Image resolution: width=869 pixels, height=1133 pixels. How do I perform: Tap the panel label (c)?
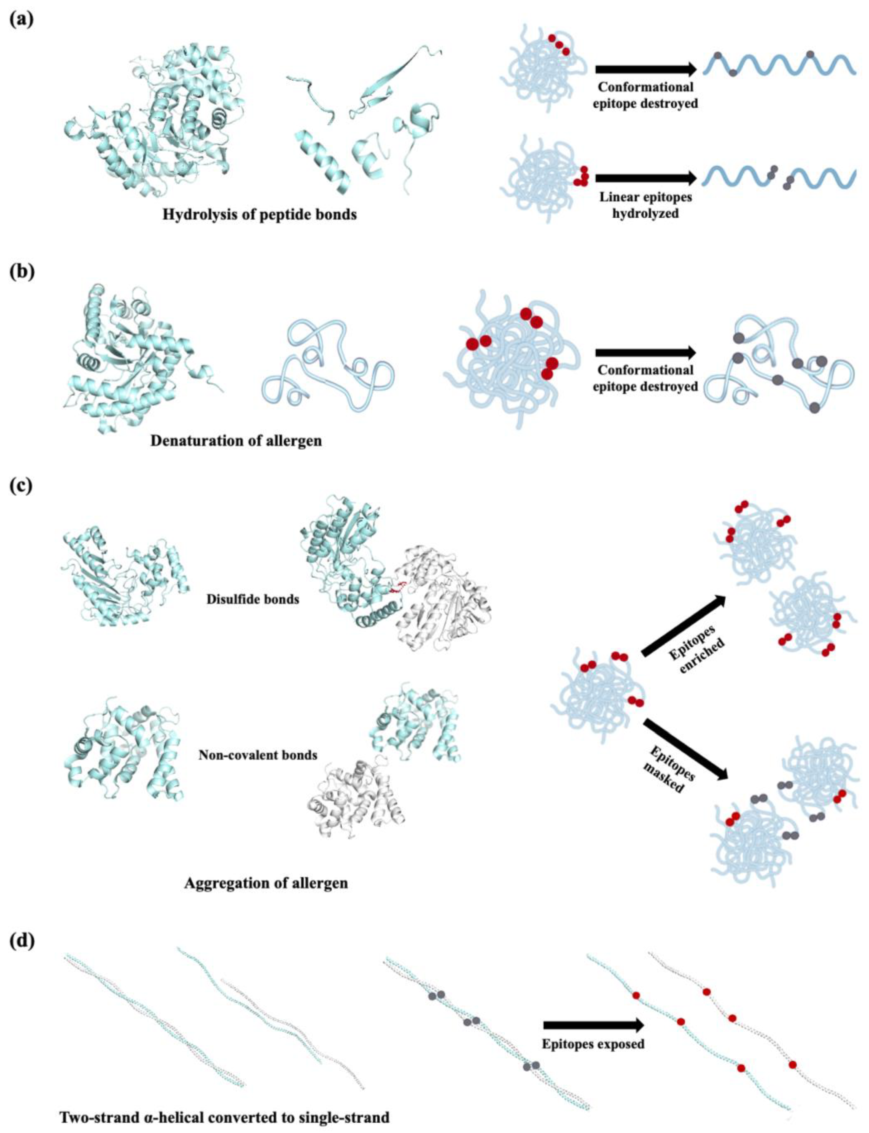pos(22,486)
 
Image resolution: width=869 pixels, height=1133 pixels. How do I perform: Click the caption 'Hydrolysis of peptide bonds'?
pos(259,214)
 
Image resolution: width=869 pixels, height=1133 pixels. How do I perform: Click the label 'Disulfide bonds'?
pos(252,600)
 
